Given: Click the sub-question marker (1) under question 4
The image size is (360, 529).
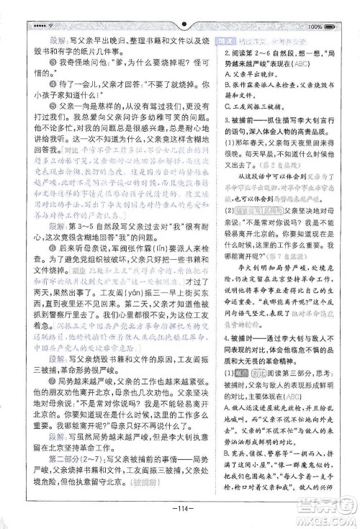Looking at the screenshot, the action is pos(229,370).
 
